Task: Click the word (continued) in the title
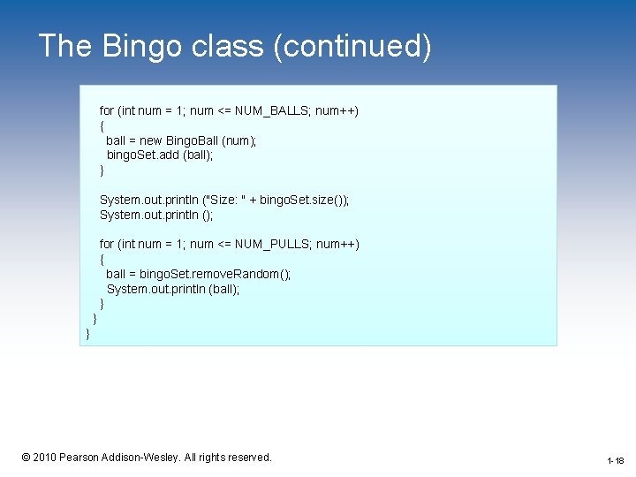(x=352, y=46)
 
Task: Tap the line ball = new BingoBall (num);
(x=181, y=140)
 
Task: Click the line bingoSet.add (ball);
(x=160, y=155)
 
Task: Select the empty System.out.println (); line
(x=156, y=215)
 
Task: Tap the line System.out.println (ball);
(x=173, y=289)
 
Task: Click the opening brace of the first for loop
(x=102, y=125)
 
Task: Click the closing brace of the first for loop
(x=102, y=170)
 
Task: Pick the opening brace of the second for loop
(x=102, y=259)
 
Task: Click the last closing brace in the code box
(x=87, y=333)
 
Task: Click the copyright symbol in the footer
(x=26, y=457)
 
